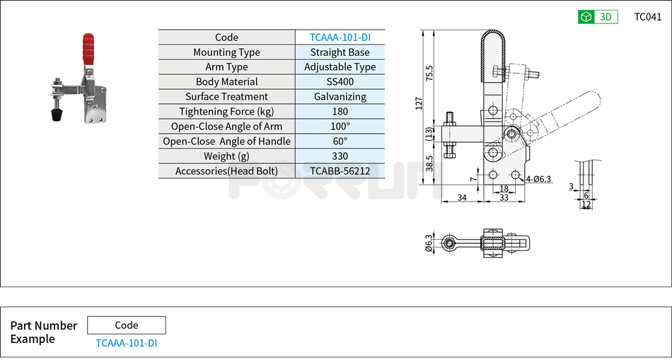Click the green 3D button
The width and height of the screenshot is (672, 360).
(x=598, y=17)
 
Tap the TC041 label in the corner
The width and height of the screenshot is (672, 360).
(x=647, y=17)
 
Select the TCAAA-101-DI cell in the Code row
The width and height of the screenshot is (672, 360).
(x=340, y=37)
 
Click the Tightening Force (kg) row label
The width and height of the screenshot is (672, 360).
(x=226, y=112)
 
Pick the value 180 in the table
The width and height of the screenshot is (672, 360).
(x=340, y=112)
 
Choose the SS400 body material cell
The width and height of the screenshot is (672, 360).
(x=340, y=82)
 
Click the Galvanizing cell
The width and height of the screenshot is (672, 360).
(x=340, y=97)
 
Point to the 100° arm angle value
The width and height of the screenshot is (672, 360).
(x=340, y=127)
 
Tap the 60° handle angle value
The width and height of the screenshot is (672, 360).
(x=340, y=141)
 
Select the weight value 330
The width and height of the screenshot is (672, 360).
(x=340, y=156)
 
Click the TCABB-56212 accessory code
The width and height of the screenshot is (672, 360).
(x=340, y=171)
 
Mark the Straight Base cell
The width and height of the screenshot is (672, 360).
(x=340, y=52)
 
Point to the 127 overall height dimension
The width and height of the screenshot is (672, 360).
(x=419, y=103)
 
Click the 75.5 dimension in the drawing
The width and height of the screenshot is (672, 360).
(x=430, y=74)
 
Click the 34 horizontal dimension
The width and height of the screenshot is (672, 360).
(x=462, y=198)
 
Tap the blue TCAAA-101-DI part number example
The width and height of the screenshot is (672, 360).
(x=126, y=343)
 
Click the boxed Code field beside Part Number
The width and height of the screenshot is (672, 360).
(x=126, y=325)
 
